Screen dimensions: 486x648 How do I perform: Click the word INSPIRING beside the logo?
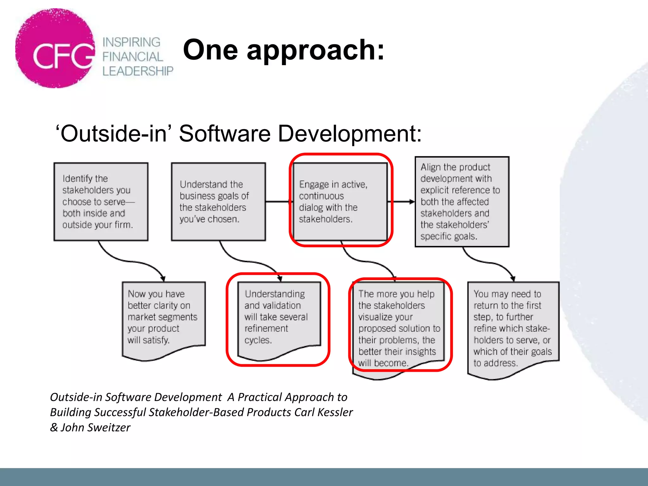131,42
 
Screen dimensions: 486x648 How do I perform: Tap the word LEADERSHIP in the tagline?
138,71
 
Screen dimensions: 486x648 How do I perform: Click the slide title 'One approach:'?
283,50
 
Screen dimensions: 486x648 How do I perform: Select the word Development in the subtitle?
349,133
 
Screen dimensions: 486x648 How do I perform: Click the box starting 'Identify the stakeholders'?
101,202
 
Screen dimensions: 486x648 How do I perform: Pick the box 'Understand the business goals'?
218,202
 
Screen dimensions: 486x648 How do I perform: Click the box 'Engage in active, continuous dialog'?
340,202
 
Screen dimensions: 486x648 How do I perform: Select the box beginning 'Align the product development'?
462,202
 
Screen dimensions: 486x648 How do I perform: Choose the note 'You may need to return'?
513,328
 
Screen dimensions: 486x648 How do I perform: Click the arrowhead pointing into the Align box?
411,202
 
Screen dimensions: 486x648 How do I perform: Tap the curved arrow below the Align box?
489,262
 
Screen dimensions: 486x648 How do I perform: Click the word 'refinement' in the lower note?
266,328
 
